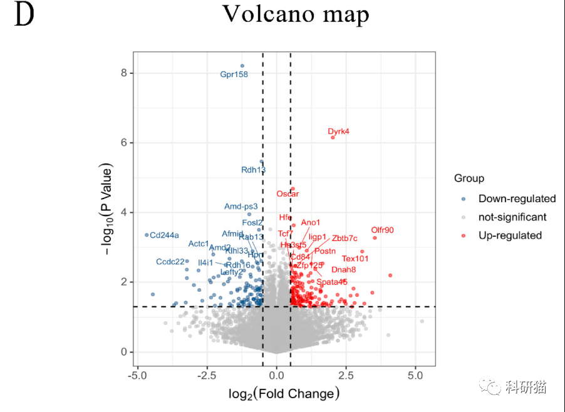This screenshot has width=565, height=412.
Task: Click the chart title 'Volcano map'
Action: pos(296,14)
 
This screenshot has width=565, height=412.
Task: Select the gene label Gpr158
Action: pos(234,75)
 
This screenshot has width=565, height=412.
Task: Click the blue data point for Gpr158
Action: pos(242,66)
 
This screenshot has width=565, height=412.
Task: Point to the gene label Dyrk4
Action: pos(338,131)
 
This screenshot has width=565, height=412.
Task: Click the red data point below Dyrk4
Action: pos(333,137)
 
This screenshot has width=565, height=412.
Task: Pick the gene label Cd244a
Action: pos(164,235)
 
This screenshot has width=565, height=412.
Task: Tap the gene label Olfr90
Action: pos(382,230)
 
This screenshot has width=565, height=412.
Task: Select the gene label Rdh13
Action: pos(254,170)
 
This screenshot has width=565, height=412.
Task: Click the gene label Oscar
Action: pos(288,194)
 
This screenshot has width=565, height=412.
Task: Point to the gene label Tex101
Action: pos(355,259)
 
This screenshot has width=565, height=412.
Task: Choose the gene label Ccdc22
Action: pos(170,262)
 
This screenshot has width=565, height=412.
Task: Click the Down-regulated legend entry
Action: pos(517,198)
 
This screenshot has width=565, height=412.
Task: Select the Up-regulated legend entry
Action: pos(510,235)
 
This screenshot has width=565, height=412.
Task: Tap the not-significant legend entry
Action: pos(512,217)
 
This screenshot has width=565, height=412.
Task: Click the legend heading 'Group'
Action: pos(469,179)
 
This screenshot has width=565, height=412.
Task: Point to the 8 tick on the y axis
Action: pos(124,73)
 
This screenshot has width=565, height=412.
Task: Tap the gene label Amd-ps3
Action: pos(241,206)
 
